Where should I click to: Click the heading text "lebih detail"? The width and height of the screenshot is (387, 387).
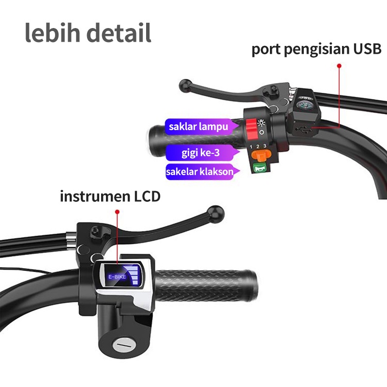88,32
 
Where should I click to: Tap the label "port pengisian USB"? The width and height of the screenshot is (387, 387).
316,49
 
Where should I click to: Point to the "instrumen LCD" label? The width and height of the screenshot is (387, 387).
110,196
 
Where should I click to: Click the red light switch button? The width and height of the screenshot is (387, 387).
251,127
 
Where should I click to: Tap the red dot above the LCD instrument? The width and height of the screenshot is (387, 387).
117,211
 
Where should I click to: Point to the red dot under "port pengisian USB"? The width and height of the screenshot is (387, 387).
339,65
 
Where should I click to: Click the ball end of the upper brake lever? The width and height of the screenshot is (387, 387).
184,86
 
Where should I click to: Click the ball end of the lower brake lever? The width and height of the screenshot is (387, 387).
215,211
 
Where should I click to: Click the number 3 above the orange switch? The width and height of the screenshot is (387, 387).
265,146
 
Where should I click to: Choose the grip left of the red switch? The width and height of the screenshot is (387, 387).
193,139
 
